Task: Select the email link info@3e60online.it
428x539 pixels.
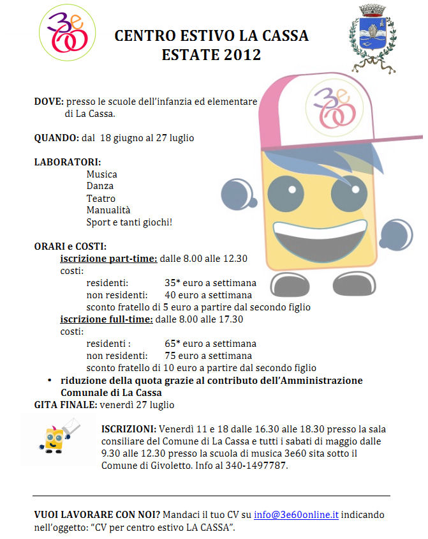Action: [296, 515]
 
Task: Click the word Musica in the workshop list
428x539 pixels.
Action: [102, 174]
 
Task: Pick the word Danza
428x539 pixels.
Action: [100, 186]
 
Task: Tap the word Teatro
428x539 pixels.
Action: [101, 199]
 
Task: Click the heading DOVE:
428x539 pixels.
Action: [48, 102]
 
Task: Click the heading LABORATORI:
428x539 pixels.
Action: [67, 162]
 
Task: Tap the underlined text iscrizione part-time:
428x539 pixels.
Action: [108, 259]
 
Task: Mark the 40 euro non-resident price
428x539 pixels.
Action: [170, 295]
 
